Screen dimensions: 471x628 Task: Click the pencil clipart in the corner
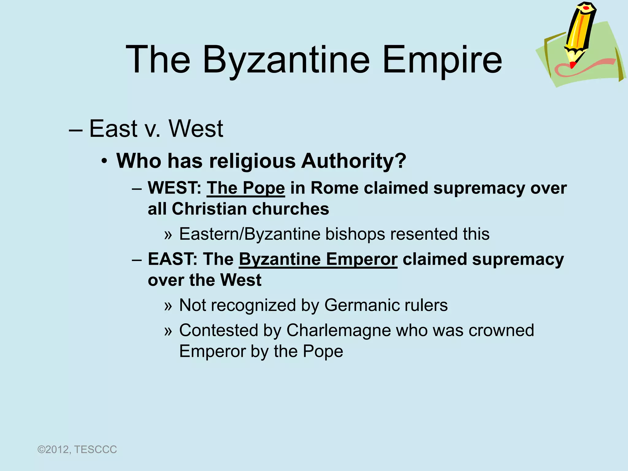click(x=580, y=34)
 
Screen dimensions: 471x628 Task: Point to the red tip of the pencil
click(x=572, y=65)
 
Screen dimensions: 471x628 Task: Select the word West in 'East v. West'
click(x=196, y=129)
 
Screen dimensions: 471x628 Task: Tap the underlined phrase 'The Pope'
click(x=246, y=188)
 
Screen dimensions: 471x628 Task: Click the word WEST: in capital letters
click(x=174, y=188)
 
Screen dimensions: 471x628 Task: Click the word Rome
click(x=334, y=188)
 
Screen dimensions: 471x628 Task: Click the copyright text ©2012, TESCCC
click(x=77, y=450)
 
